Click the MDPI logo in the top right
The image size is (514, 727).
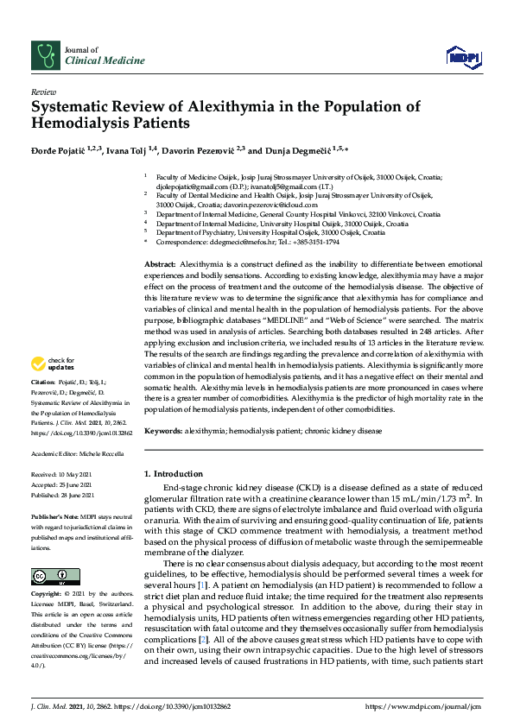pyautogui.click(x=462, y=57)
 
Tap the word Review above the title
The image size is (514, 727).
pyautogui.click(x=43, y=91)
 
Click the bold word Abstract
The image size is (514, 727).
pyautogui.click(x=159, y=262)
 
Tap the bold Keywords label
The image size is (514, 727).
pyautogui.click(x=162, y=430)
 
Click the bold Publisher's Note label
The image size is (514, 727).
pyautogui.click(x=57, y=514)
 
